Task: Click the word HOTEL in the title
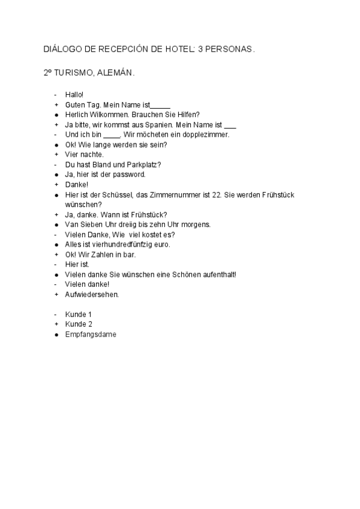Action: [x=173, y=49]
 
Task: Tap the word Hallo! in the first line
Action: [x=74, y=94]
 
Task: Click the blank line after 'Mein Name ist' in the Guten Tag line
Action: [x=160, y=104]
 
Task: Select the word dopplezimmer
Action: [x=208, y=134]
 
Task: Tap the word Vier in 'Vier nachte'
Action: [x=71, y=154]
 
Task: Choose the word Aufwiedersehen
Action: [x=92, y=295]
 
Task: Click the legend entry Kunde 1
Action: [x=78, y=315]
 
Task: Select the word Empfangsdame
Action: [x=91, y=334]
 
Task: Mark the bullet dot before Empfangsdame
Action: [x=55, y=334]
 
